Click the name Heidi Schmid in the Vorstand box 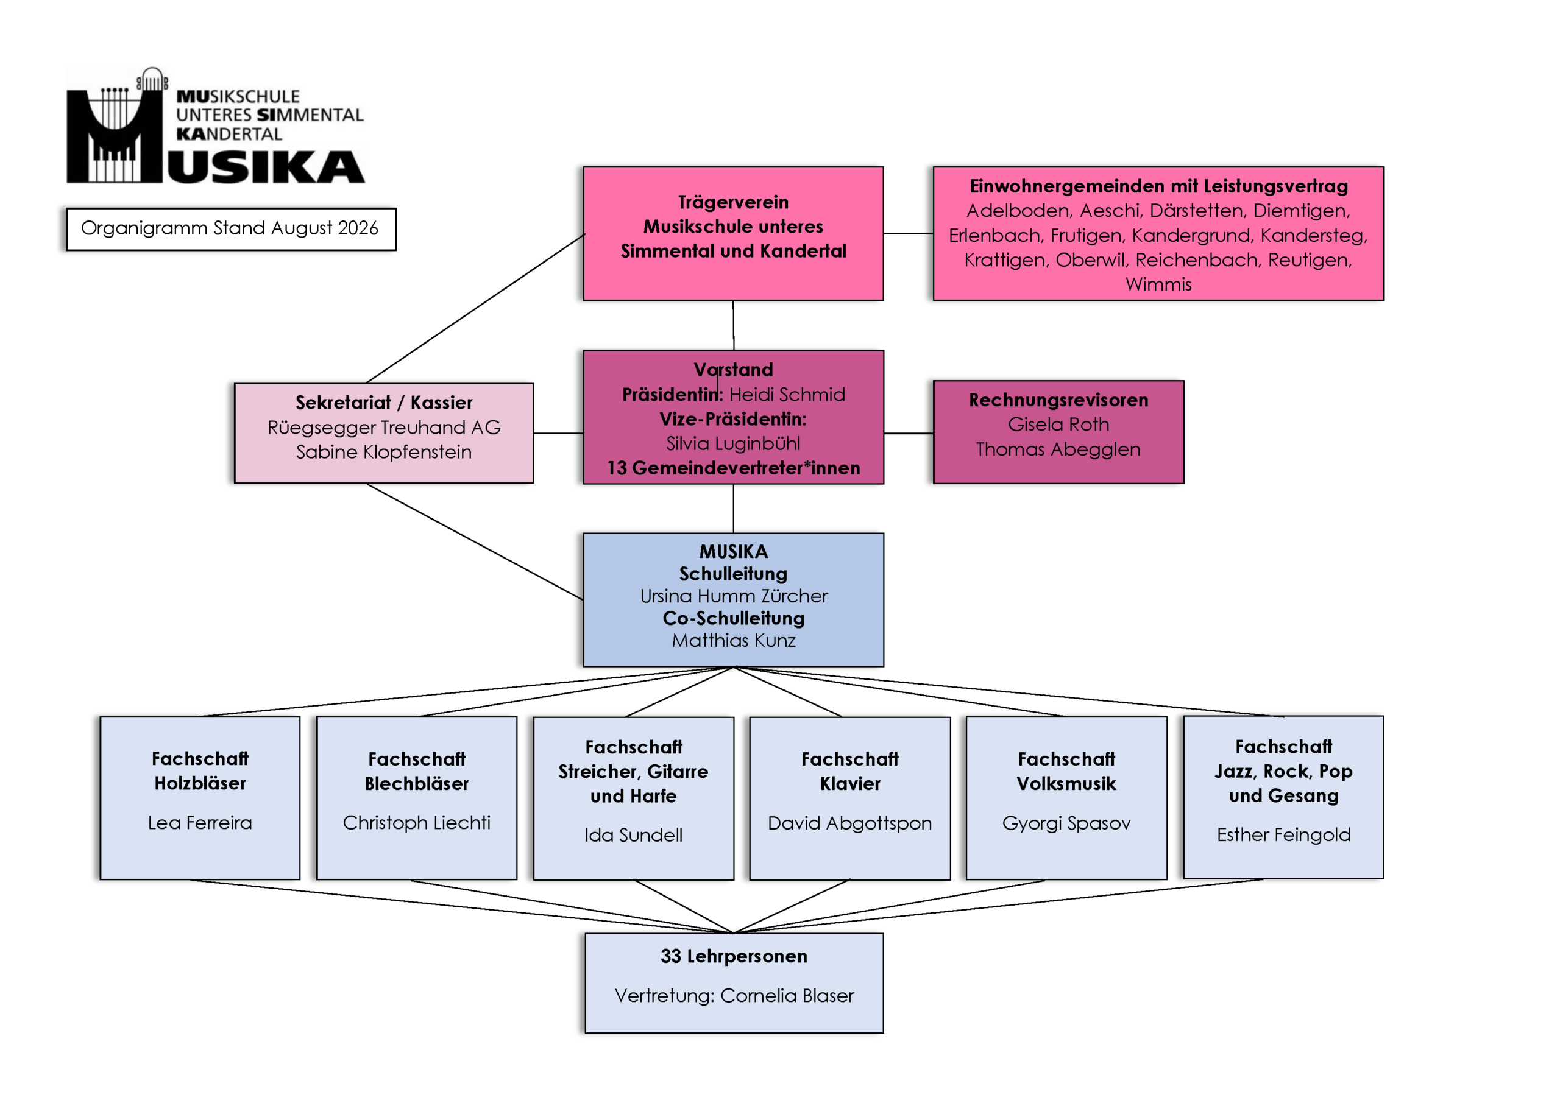[x=787, y=395]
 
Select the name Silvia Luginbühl [x=733, y=443]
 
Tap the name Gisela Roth [x=1058, y=425]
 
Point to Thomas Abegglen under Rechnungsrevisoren [x=1058, y=449]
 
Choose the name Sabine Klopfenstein [x=384, y=452]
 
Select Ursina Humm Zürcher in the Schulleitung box [x=734, y=596]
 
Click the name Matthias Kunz [x=734, y=641]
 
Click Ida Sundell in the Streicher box [x=633, y=835]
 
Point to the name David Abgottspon [x=849, y=823]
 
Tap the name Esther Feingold [x=1283, y=835]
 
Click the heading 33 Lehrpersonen [x=734, y=956]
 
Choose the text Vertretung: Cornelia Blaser [x=734, y=996]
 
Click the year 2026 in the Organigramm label [x=358, y=228]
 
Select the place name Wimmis [x=1158, y=284]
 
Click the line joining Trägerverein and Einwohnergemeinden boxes [x=909, y=234]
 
